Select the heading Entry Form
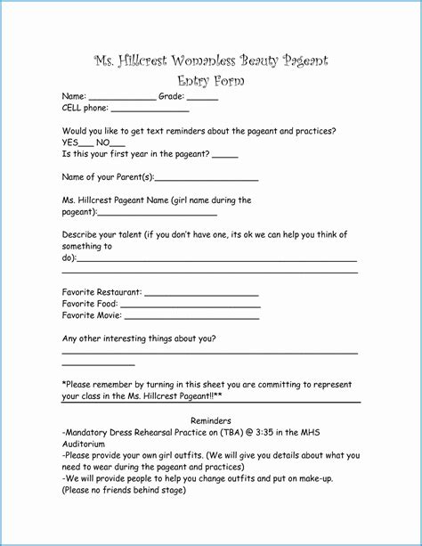point(210,81)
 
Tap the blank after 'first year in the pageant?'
point(225,157)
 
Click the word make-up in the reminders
point(312,477)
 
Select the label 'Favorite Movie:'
point(92,315)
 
